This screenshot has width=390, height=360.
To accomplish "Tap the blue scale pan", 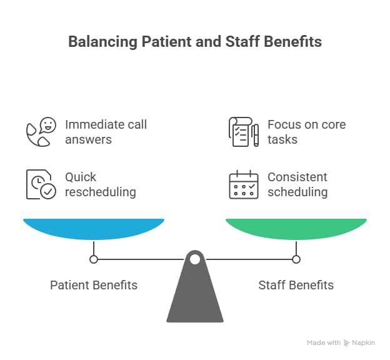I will click(x=94, y=229).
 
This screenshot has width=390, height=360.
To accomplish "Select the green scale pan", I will click(x=296, y=229).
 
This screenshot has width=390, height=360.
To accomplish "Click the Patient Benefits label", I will click(x=94, y=285).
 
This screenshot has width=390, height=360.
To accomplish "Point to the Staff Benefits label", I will click(x=296, y=285).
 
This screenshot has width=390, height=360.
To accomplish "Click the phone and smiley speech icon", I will click(x=41, y=131).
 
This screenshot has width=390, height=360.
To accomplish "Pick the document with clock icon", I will click(x=41, y=184).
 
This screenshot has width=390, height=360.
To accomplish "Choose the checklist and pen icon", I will click(x=243, y=131).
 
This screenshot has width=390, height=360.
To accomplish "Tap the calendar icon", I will click(x=243, y=184).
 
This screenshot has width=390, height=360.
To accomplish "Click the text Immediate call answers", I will click(x=106, y=132).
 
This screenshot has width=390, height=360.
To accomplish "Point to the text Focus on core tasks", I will click(x=306, y=132).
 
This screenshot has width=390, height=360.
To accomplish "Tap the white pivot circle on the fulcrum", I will click(x=195, y=259).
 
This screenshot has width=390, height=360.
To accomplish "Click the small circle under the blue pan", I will click(x=94, y=259).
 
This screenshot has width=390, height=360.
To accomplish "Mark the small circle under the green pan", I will click(x=296, y=259).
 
